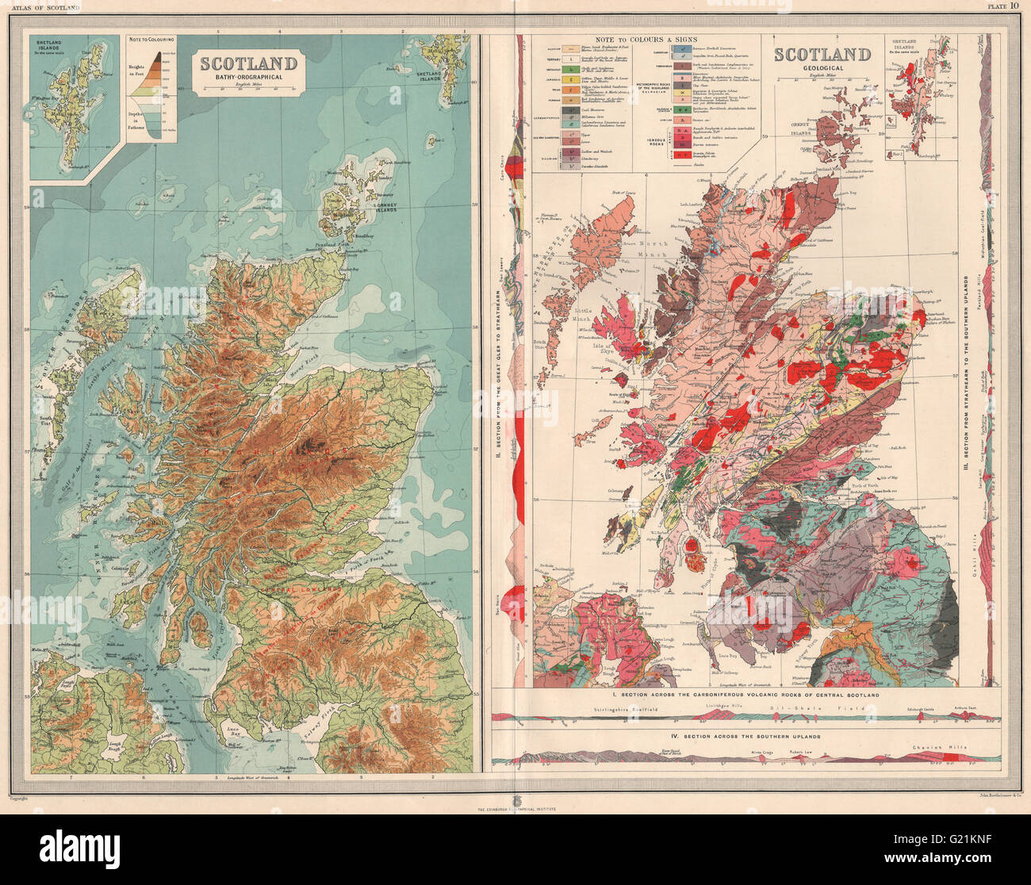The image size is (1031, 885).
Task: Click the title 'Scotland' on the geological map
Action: tap(822, 55)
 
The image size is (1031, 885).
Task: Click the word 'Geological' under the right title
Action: tap(822, 69)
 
